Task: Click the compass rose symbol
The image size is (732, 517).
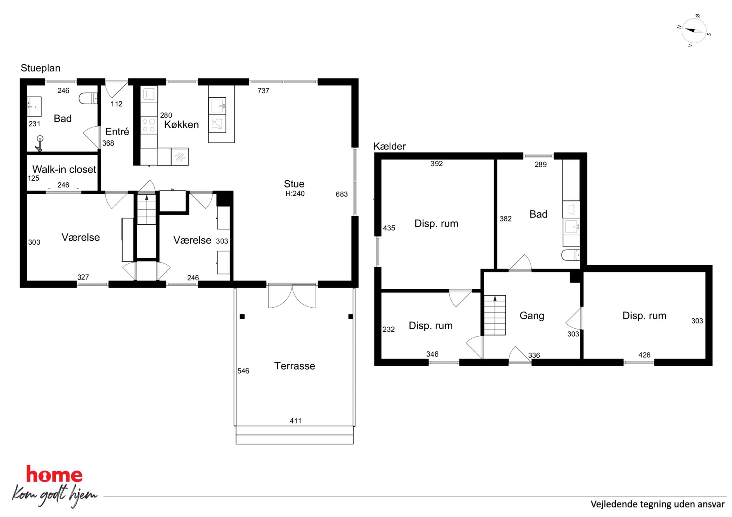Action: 694,31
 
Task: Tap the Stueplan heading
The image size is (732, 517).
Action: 41,68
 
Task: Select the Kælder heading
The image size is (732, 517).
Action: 389,146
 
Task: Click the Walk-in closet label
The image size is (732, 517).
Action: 64,169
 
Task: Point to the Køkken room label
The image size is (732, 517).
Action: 182,125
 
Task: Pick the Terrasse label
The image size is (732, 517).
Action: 294,366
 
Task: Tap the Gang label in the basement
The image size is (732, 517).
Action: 532,316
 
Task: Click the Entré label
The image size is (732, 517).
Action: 117,132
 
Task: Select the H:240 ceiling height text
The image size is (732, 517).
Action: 295,194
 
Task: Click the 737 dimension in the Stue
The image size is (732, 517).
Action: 263,91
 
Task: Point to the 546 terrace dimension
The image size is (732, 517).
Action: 243,371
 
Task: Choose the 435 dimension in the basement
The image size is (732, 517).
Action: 389,228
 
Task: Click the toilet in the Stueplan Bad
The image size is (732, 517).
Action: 88,98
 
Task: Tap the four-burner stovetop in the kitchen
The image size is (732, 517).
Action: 149,125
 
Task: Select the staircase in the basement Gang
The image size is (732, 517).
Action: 495,315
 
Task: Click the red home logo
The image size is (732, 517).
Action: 54,475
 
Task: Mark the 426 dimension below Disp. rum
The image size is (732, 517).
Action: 644,355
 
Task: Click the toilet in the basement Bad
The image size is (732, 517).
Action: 570,255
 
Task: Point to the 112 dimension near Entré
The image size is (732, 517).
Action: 117,104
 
